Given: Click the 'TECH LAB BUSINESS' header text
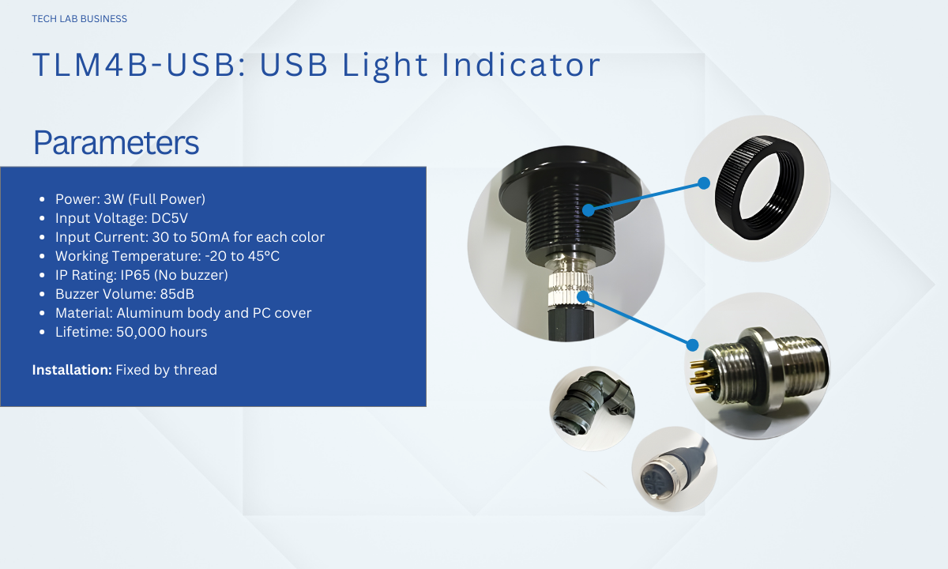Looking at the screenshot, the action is point(79,19).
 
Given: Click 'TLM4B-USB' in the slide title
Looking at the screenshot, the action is point(134,65).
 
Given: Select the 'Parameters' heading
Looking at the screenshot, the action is point(116,142).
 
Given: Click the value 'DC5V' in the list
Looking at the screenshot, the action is point(169,218).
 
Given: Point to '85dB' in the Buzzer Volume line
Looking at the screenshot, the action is point(177,294).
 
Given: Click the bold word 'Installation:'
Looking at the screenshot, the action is point(72,370).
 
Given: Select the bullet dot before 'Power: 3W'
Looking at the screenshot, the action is point(42,199).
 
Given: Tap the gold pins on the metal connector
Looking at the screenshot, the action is point(699,373).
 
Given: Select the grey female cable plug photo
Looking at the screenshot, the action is point(674,469).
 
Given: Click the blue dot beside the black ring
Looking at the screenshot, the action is point(704,183).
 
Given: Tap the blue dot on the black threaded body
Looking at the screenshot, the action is point(589,210).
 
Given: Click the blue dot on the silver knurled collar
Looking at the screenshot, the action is point(583,297).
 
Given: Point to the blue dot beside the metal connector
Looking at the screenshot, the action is point(692,345).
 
